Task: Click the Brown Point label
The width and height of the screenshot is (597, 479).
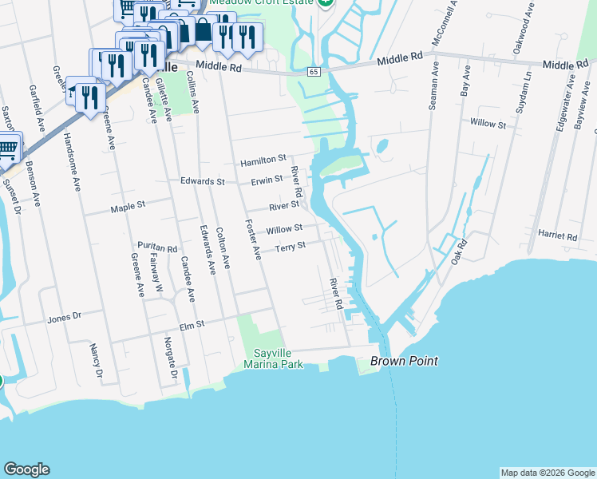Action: (404, 361)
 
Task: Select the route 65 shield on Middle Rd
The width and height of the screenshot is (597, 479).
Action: (314, 72)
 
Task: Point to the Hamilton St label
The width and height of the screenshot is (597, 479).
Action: (263, 160)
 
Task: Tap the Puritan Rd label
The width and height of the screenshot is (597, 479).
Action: (156, 248)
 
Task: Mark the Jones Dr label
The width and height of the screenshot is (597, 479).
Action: (65, 316)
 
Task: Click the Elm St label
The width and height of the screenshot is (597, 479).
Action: (194, 324)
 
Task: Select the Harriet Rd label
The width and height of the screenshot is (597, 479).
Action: (557, 236)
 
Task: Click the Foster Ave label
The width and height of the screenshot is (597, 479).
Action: (252, 239)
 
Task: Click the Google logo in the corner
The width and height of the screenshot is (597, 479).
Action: (26, 469)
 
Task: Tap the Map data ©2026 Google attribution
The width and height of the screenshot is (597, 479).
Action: (547, 473)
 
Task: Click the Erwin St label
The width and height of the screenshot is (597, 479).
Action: (267, 181)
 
